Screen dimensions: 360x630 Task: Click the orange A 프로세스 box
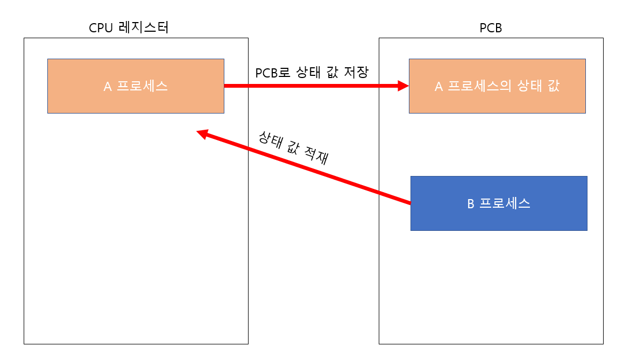point(136,86)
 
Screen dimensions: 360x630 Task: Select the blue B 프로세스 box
point(499,203)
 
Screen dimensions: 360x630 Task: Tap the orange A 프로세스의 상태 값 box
point(497,86)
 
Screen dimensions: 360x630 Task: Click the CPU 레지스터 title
point(129,27)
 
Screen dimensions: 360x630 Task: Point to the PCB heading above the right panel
point(491,28)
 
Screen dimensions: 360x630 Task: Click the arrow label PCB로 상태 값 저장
point(312,73)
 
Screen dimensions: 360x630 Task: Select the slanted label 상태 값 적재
point(293,146)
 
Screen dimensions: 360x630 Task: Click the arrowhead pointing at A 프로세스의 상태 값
point(403,86)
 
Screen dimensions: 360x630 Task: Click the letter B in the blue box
point(470,204)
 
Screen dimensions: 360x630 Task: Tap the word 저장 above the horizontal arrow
point(356,73)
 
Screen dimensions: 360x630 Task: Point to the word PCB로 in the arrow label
point(273,73)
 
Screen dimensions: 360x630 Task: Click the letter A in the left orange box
point(108,87)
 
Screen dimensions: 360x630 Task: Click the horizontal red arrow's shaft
point(312,86)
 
